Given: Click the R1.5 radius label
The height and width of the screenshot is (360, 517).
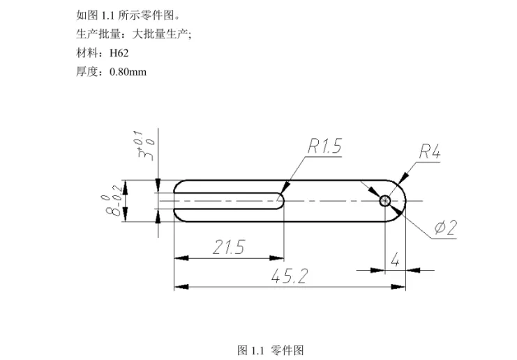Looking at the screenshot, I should pos(324,147).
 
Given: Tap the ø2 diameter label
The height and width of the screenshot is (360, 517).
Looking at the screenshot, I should pos(444,227).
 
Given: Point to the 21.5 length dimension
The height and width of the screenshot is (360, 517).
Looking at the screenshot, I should pos(228,248).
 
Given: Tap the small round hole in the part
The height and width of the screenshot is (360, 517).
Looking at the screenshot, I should pos(385,201).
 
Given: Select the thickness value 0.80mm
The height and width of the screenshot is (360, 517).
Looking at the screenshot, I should pos(128,71).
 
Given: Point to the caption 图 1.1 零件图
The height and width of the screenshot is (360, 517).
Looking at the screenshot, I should pos(271,350).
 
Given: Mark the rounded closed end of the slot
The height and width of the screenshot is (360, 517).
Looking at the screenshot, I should pos(281,201).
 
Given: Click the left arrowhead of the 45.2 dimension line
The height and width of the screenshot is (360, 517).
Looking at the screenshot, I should pos(179,286).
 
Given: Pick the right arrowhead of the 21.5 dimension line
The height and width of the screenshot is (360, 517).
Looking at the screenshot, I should pos(280,257).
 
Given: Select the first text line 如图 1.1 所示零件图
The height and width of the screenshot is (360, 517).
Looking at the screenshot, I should pos(126,15).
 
